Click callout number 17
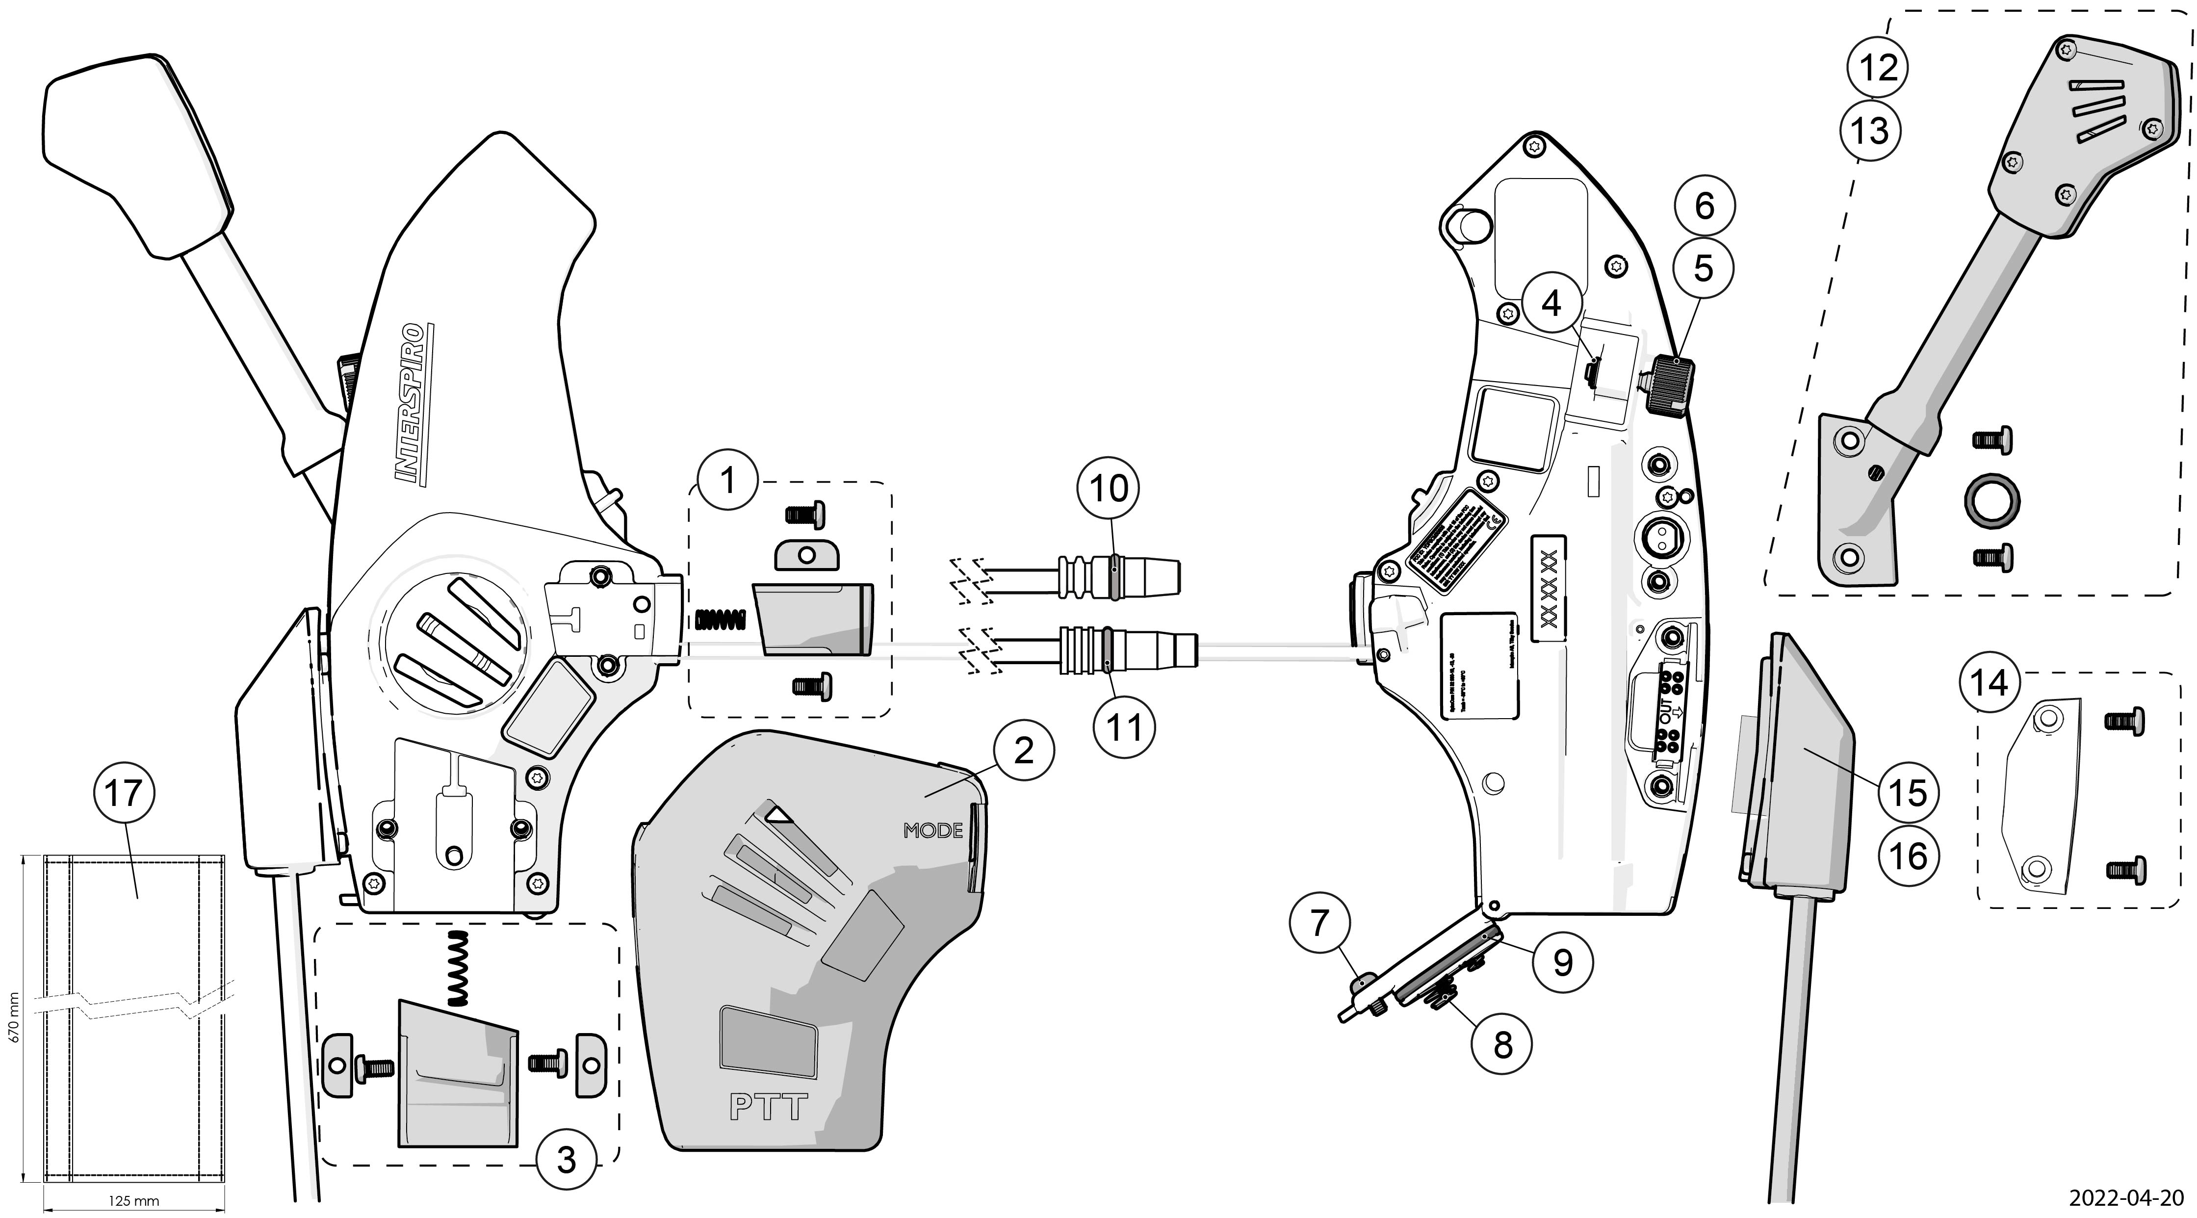tap(123, 793)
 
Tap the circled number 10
tap(1108, 489)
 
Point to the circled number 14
tap(1989, 682)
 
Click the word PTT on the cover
tap(768, 1107)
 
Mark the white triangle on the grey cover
tap(779, 814)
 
